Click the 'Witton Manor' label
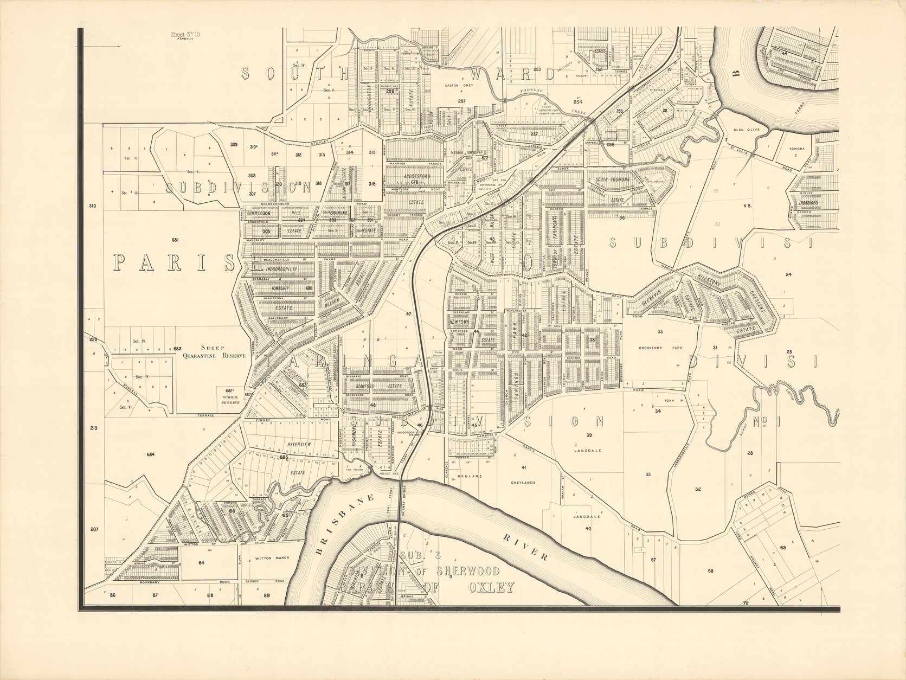coord(269,558)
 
